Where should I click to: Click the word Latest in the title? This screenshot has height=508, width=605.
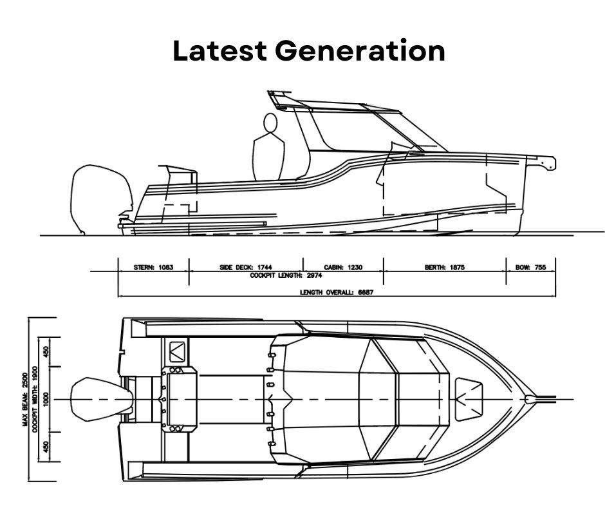point(219,51)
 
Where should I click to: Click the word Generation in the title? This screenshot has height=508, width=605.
point(360,51)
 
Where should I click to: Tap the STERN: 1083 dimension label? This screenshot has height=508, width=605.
point(154,267)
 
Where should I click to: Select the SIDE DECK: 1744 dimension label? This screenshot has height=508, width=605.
point(246,267)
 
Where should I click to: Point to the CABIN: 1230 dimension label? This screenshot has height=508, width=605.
point(343,267)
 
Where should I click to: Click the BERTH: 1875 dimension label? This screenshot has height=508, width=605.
point(445,267)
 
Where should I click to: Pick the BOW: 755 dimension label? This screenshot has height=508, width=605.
point(531,267)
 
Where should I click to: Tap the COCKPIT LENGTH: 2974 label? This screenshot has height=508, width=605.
point(286,276)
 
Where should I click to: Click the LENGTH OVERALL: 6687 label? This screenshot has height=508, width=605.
point(337,292)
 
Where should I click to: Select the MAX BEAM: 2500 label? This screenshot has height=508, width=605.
point(26,399)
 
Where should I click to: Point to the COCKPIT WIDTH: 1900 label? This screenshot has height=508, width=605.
point(35,399)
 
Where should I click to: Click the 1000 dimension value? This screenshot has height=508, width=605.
point(46,399)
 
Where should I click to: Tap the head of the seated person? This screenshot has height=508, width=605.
point(270,123)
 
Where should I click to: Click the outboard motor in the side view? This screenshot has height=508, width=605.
point(101,199)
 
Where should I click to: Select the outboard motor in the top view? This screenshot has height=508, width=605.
point(102,399)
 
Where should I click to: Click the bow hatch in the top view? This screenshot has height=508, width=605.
point(469,399)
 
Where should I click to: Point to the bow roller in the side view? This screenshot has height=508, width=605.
point(548,162)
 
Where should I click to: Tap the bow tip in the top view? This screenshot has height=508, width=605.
point(529,399)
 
